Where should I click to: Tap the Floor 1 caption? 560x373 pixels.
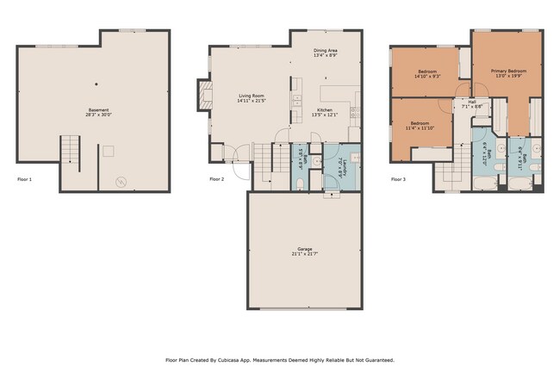pos(25,179)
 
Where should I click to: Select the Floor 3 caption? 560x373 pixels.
pos(398,179)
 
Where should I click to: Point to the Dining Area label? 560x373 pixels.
pos(325,51)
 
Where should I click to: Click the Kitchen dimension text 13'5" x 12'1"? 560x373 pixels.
pos(325,115)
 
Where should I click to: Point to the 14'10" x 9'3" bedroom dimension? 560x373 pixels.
pos(428,77)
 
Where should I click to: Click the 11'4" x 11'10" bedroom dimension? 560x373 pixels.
pos(420,128)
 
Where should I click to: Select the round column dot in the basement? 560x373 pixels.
pos(96,84)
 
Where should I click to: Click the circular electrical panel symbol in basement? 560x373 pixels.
pos(121,182)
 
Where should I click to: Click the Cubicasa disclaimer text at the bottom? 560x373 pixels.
pos(279,360)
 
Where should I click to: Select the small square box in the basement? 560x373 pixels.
pos(108,151)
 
